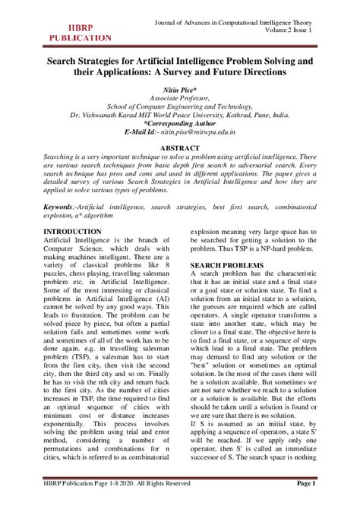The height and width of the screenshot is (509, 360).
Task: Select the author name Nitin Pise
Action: click(180, 90)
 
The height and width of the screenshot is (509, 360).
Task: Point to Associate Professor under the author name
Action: click(180, 99)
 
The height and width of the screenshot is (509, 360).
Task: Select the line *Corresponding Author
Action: click(180, 122)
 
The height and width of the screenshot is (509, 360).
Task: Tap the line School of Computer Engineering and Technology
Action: click(180, 106)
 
